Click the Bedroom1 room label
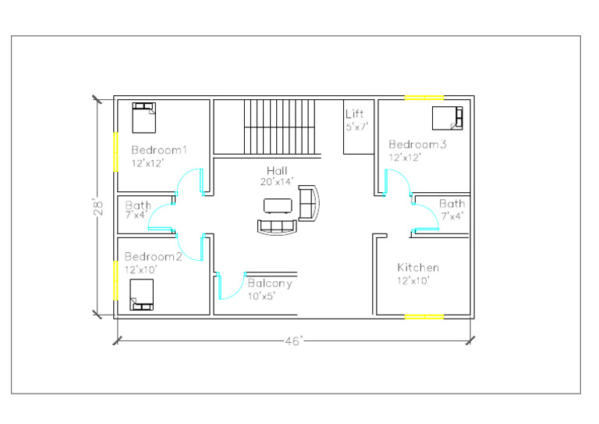[x=159, y=149]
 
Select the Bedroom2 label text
[x=153, y=256]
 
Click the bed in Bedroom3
[x=448, y=117]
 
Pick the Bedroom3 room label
[x=417, y=144]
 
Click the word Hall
[x=277, y=171]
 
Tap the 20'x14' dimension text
[x=277, y=181]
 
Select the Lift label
[x=354, y=114]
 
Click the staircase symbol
[x=278, y=126]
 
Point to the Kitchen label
[x=418, y=267]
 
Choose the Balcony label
[x=270, y=283]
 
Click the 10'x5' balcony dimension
[x=262, y=296]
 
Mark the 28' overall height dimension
[x=99, y=208]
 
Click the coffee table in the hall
[x=278, y=205]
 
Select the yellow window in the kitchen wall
[x=424, y=316]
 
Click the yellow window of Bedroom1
[x=115, y=151]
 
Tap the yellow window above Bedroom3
[x=424, y=97]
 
